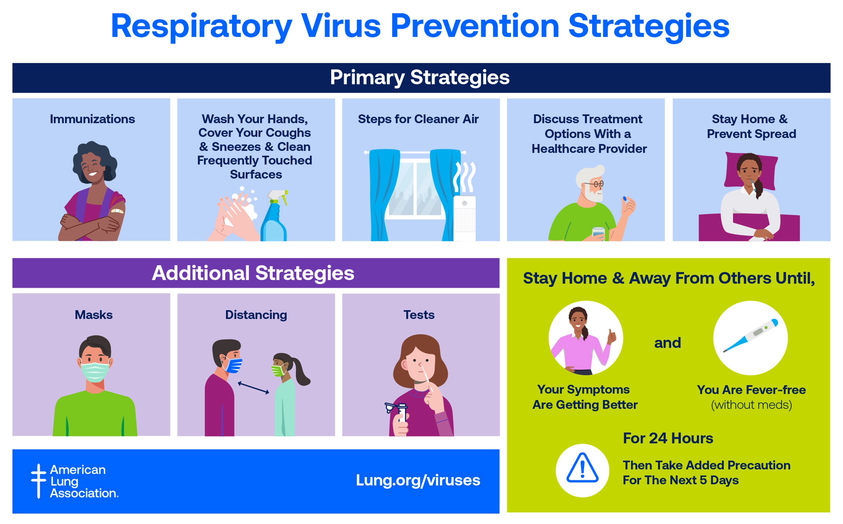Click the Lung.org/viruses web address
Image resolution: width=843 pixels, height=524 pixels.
point(418,480)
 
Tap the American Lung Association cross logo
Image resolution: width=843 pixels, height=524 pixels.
point(38,481)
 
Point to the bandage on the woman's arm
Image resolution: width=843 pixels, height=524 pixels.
point(117,211)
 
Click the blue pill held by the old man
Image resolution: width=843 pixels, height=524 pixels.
point(625,199)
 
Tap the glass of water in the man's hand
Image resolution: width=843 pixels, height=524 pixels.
point(598,234)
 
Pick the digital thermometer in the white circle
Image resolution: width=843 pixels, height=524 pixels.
point(750,336)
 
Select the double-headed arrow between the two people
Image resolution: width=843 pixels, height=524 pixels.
point(253,388)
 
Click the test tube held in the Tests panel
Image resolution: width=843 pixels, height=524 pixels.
point(402,414)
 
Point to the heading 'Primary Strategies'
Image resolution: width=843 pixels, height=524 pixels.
point(420,78)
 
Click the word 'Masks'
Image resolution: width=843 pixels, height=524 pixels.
point(93,315)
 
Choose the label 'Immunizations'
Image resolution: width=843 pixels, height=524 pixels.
point(92,119)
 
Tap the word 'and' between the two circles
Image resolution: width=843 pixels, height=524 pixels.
point(667,343)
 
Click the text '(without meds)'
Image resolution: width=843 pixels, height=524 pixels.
point(751,405)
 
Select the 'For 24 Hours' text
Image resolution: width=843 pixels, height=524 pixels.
point(668,438)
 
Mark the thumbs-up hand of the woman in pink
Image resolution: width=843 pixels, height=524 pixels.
point(612,336)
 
